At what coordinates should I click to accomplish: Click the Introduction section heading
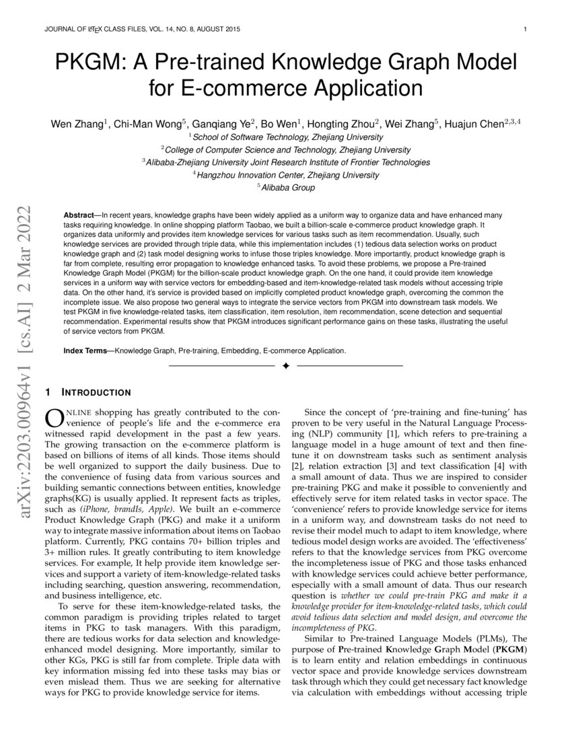point(96,392)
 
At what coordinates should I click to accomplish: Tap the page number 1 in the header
point(525,30)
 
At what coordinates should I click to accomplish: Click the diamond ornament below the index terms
point(285,365)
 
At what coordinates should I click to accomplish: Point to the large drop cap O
point(52,418)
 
